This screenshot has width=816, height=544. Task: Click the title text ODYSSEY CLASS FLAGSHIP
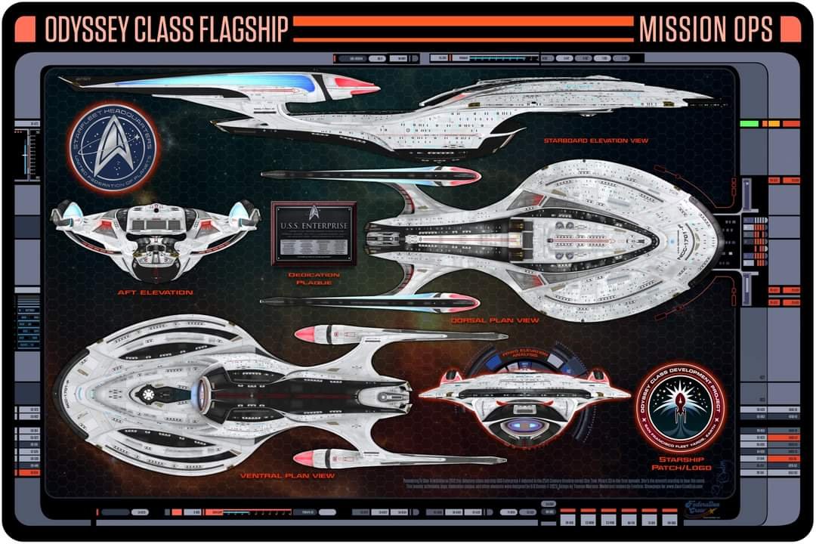pyautogui.click(x=166, y=29)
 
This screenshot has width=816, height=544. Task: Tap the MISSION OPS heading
pyautogui.click(x=706, y=29)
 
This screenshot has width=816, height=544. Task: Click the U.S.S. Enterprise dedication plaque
pyautogui.click(x=314, y=233)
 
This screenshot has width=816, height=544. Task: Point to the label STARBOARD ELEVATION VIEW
pyautogui.click(x=595, y=141)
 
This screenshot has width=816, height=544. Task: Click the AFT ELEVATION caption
pyautogui.click(x=155, y=292)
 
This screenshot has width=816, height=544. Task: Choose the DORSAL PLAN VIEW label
pyautogui.click(x=495, y=320)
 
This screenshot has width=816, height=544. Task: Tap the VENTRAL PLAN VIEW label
pyautogui.click(x=287, y=476)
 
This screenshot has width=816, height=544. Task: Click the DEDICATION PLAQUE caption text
pyautogui.click(x=314, y=279)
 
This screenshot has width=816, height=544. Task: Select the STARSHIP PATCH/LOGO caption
pyautogui.click(x=682, y=463)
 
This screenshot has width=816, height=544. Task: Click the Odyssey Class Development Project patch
pyautogui.click(x=682, y=408)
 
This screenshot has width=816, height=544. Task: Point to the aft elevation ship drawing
pyautogui.click(x=155, y=238)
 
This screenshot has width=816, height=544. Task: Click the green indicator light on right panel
pyautogui.click(x=749, y=122)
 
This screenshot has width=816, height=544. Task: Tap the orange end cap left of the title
pyautogui.click(x=25, y=29)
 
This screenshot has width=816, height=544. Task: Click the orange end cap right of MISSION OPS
pyautogui.click(x=790, y=29)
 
